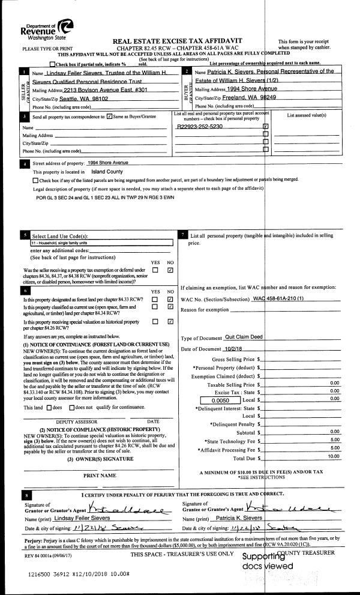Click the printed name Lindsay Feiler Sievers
88,500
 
